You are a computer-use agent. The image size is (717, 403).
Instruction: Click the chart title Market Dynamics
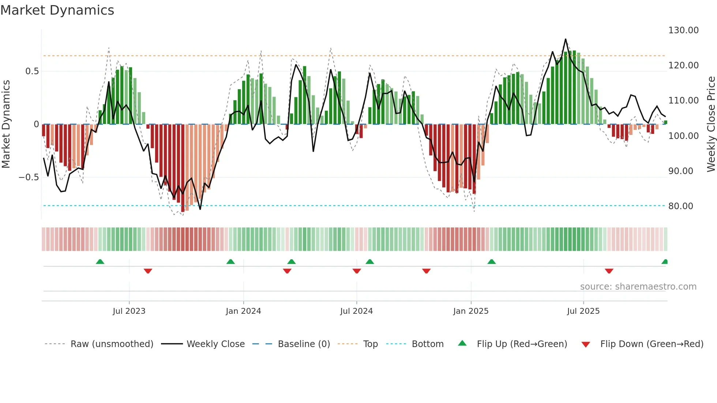pos(57,10)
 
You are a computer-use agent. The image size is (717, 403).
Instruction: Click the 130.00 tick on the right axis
pos(683,30)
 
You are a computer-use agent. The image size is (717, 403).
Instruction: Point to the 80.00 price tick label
pos(680,206)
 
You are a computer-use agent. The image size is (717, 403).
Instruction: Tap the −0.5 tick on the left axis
pos(29,177)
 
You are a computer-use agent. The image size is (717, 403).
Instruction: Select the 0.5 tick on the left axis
pos(32,71)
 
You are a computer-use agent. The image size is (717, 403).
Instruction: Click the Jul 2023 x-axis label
pos(129,311)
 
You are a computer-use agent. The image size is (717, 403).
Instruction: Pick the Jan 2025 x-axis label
pos(470,311)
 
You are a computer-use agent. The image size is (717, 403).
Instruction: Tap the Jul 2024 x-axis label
pos(356,311)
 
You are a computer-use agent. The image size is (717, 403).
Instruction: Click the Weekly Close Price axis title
pos(711,124)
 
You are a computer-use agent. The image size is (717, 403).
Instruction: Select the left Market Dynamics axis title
pos(6,124)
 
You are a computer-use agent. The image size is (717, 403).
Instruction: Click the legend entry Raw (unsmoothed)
pos(112,344)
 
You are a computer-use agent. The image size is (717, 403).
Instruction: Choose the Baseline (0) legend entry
pos(304,344)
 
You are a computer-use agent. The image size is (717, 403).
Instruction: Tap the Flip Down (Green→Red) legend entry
pos(652,344)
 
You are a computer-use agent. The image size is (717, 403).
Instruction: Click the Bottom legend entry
pos(427,344)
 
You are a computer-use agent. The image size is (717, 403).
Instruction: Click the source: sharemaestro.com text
pos(638,287)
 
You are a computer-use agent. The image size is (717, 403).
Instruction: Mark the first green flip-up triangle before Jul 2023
pos(100,261)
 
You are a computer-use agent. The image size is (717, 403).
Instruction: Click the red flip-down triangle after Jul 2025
pos(609,271)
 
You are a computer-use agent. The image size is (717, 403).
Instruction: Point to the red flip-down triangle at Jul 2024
pos(357,271)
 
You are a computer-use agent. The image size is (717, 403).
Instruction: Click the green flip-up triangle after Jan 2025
pos(491,261)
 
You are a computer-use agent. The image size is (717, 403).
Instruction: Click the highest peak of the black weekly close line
pos(566,39)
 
